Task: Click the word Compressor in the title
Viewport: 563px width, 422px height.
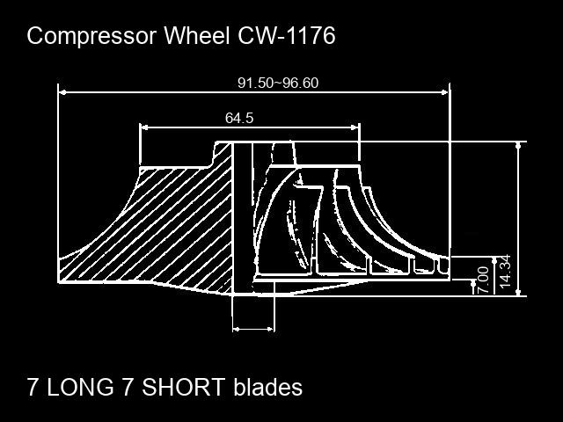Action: pyautogui.click(x=91, y=37)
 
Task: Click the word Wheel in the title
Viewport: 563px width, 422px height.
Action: pyautogui.click(x=197, y=35)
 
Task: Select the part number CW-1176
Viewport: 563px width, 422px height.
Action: pyautogui.click(x=287, y=35)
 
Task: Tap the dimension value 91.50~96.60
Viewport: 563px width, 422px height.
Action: pyautogui.click(x=278, y=83)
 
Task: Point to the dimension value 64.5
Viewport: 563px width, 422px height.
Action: pyautogui.click(x=239, y=118)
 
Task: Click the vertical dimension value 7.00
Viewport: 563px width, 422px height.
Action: pyautogui.click(x=484, y=280)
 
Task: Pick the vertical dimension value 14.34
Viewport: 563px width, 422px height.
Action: pyautogui.click(x=505, y=271)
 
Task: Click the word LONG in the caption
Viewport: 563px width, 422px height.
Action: pyautogui.click(x=80, y=387)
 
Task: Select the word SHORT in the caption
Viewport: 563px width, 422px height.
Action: pyautogui.click(x=184, y=387)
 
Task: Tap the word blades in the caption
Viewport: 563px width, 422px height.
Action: pyautogui.click(x=267, y=387)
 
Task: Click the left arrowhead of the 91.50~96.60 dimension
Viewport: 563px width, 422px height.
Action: pyautogui.click(x=62, y=92)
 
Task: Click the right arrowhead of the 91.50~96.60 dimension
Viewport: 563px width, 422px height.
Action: pyautogui.click(x=445, y=92)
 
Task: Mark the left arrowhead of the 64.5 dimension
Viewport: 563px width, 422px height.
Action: pyautogui.click(x=144, y=127)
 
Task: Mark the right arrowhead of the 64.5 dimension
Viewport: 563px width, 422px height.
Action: pyautogui.click(x=355, y=127)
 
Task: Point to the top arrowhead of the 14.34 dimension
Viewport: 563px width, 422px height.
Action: pyautogui.click(x=518, y=145)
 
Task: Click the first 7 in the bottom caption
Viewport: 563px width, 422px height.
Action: pyautogui.click(x=33, y=387)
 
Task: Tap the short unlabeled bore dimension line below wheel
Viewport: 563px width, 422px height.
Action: pyautogui.click(x=253, y=329)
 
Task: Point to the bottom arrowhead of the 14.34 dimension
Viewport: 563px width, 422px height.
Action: pyautogui.click(x=518, y=293)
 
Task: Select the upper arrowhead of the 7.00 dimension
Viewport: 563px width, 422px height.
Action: pyautogui.click(x=473, y=283)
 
